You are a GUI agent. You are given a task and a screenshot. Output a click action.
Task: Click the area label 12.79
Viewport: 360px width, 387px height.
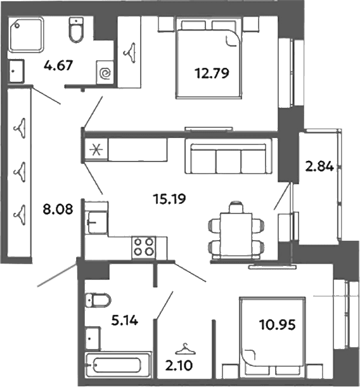tap(212, 73)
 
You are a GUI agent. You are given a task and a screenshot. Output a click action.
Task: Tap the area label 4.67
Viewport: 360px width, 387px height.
tap(58, 66)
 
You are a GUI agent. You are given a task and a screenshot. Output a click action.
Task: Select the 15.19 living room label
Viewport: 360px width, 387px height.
tap(169, 199)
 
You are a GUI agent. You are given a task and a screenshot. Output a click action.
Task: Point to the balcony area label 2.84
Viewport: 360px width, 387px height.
tap(319, 166)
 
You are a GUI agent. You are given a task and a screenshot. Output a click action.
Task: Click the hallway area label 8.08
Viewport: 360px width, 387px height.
tap(58, 210)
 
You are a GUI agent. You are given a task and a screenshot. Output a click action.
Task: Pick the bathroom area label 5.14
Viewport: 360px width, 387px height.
tap(125, 320)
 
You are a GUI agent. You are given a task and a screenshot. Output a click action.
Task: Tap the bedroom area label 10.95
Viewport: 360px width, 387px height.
tap(277, 324)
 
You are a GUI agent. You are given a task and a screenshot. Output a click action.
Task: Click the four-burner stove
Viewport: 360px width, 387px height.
tap(143, 247)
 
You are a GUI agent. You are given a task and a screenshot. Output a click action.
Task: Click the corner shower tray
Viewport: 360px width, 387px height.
tap(26, 35)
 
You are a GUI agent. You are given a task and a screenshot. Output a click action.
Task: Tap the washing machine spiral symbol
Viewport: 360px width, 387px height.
tap(106, 73)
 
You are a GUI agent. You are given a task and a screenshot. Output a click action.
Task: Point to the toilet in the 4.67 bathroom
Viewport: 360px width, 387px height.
tap(75, 30)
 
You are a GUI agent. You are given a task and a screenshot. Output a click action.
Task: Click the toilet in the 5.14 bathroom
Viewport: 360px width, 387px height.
tap(98, 300)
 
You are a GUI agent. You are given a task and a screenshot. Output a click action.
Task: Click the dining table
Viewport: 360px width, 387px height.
tap(236, 234)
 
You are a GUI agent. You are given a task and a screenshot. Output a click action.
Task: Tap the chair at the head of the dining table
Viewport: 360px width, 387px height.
tap(236, 207)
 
